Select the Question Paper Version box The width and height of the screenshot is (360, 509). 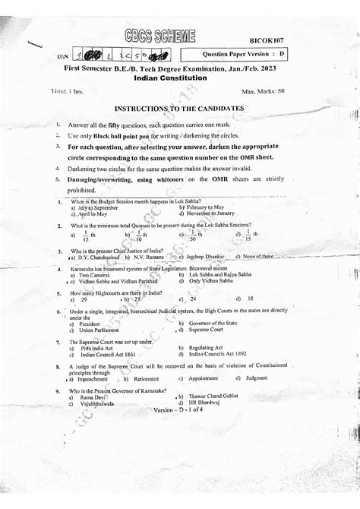coord(244,55)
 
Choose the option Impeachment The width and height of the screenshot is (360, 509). coord(96,378)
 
